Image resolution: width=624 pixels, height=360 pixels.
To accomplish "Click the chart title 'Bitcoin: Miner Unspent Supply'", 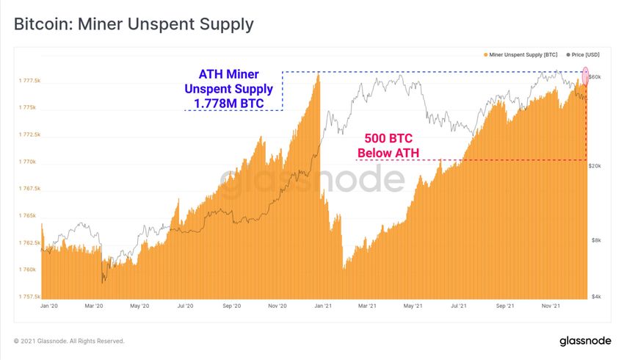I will point(134,24).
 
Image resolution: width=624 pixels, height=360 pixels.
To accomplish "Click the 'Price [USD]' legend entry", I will point(584,54).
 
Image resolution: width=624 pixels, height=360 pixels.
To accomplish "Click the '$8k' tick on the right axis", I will point(597,240).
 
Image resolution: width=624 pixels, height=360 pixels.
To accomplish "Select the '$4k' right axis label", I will point(597,297).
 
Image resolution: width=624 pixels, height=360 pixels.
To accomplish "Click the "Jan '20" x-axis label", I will point(49,306).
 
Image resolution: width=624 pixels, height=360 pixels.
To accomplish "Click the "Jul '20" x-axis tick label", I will point(186,306).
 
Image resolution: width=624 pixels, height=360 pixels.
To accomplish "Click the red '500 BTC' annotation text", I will point(388,138).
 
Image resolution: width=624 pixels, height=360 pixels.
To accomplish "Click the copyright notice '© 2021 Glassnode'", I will point(69,341).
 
